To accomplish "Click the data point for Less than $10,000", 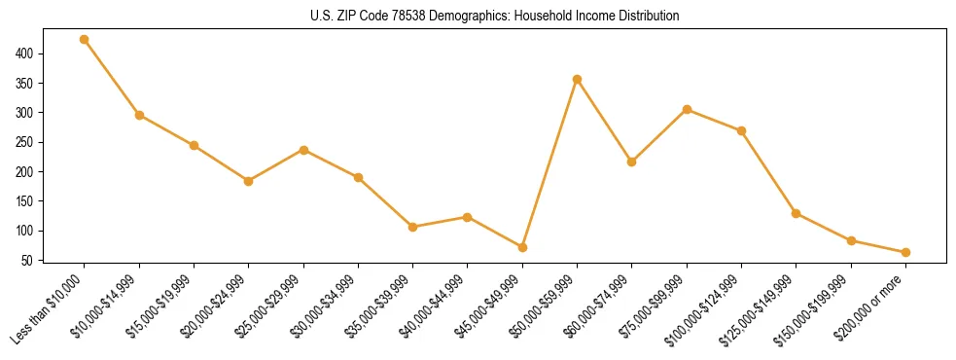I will pos(85,40).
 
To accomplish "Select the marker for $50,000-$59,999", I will pos(577,79).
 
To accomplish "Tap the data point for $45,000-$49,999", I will pos(522,247).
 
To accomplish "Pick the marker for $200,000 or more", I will pos(905,252).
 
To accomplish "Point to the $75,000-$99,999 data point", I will pos(687,109).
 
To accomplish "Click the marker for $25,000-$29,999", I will pos(303,150).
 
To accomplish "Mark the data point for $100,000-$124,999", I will pos(741,130).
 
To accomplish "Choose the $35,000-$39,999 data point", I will pos(413,227).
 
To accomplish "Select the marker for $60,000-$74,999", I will pos(632,162).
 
